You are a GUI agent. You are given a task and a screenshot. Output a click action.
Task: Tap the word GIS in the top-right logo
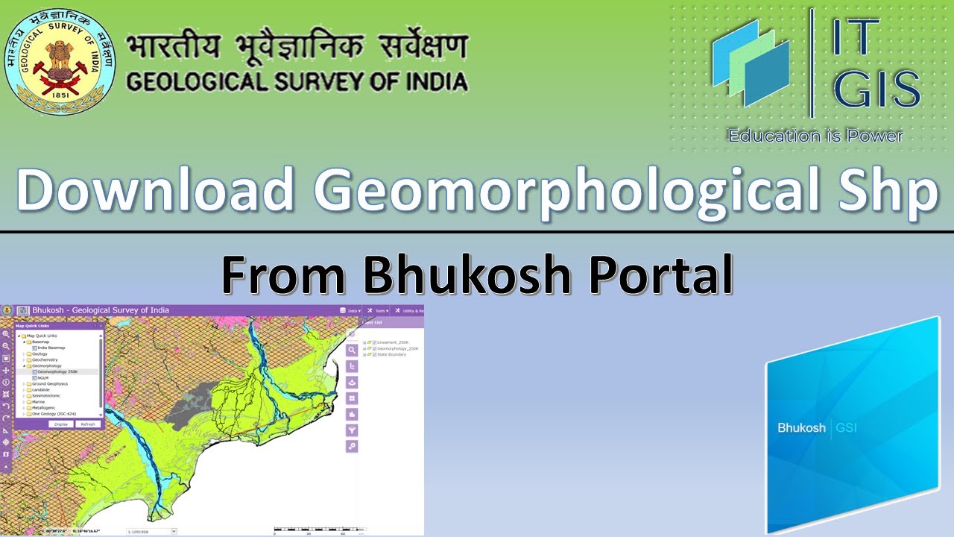[x=876, y=90]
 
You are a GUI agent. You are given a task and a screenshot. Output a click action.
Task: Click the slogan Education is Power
[x=815, y=136]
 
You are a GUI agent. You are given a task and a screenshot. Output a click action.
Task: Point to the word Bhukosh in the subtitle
[x=468, y=274]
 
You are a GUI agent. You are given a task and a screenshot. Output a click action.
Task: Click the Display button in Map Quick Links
[x=61, y=424]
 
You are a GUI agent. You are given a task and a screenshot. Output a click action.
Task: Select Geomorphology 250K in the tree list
[x=57, y=371]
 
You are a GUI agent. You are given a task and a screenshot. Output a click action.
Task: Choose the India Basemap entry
[x=51, y=348]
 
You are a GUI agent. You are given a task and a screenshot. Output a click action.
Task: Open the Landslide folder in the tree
[x=42, y=389]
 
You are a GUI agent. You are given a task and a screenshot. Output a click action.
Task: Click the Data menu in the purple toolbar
[x=353, y=310]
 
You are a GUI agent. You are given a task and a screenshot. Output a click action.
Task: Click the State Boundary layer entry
[x=392, y=354]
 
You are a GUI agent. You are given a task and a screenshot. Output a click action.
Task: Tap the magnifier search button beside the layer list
[x=352, y=350]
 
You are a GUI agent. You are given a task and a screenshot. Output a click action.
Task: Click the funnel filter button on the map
[x=352, y=430]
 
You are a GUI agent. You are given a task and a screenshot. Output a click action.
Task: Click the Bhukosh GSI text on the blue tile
[x=818, y=428]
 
